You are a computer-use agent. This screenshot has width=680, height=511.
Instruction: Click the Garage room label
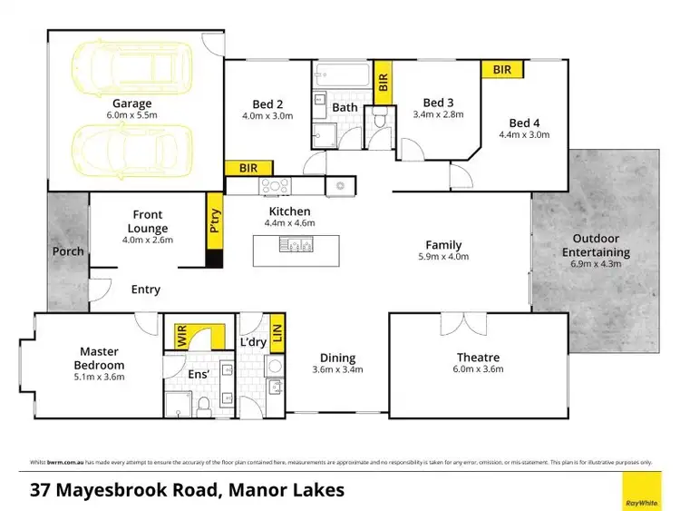[x=131, y=103]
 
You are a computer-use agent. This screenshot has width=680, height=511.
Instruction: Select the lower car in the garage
[x=132, y=150]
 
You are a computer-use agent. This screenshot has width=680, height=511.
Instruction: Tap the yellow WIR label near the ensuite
[x=181, y=338]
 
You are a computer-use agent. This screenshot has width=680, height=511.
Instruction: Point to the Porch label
[x=68, y=251]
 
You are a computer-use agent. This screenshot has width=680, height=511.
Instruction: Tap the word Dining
[x=337, y=358]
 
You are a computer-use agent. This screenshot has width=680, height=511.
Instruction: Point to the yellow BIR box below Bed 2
[x=248, y=168]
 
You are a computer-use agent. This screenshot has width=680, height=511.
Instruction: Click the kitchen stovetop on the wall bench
[x=273, y=186]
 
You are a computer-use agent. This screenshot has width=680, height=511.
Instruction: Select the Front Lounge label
[x=147, y=222]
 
